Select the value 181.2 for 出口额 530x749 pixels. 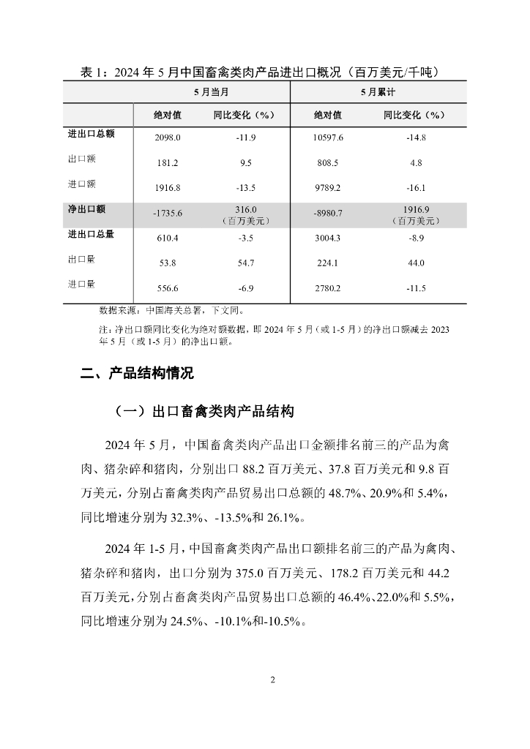tap(168, 163)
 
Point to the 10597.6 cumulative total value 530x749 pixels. tap(328, 138)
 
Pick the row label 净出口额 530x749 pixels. tap(86, 209)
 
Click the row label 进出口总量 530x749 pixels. tap(91, 235)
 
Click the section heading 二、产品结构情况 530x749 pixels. tap(137, 374)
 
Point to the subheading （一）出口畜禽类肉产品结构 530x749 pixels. tap(204, 412)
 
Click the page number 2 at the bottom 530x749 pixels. tap(272, 680)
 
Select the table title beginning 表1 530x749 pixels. tap(263, 72)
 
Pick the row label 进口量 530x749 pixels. tap(81, 285)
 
